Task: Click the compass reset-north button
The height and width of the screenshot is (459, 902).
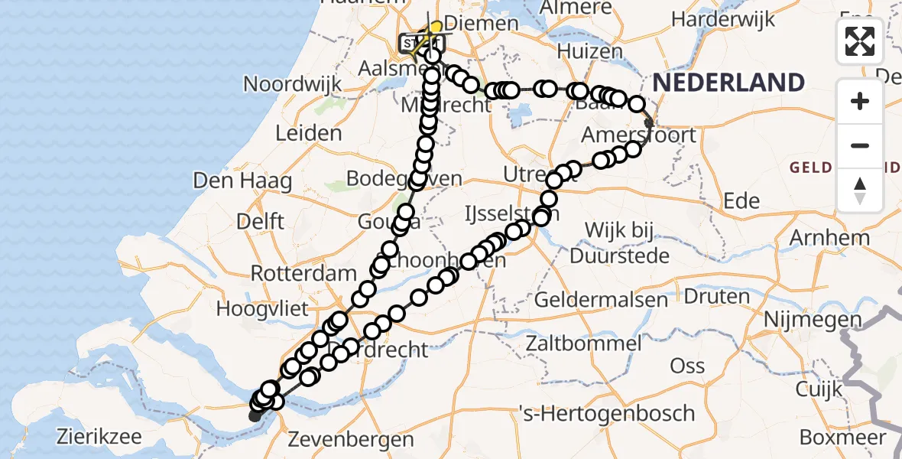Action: (x=860, y=190)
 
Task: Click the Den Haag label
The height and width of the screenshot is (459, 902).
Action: (x=243, y=181)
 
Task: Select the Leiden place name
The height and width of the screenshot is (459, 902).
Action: (x=308, y=133)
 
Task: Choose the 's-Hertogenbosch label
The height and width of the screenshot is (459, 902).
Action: (x=606, y=414)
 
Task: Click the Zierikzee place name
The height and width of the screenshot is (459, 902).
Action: (x=99, y=437)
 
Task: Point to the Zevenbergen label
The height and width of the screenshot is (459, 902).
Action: (x=351, y=439)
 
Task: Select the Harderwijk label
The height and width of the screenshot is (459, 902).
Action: (x=723, y=21)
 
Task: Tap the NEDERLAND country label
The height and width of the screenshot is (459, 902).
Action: (x=728, y=82)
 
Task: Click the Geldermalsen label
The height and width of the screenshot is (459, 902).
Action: (x=602, y=299)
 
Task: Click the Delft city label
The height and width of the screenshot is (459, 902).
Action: (x=260, y=221)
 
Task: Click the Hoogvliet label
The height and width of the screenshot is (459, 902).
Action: (x=262, y=309)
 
